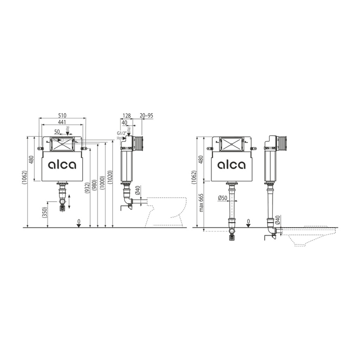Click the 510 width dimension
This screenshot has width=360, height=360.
click(x=62, y=115)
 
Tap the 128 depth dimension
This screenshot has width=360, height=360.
click(x=127, y=115)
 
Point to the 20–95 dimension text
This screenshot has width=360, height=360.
click(x=146, y=115)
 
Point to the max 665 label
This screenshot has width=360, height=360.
click(x=201, y=202)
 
